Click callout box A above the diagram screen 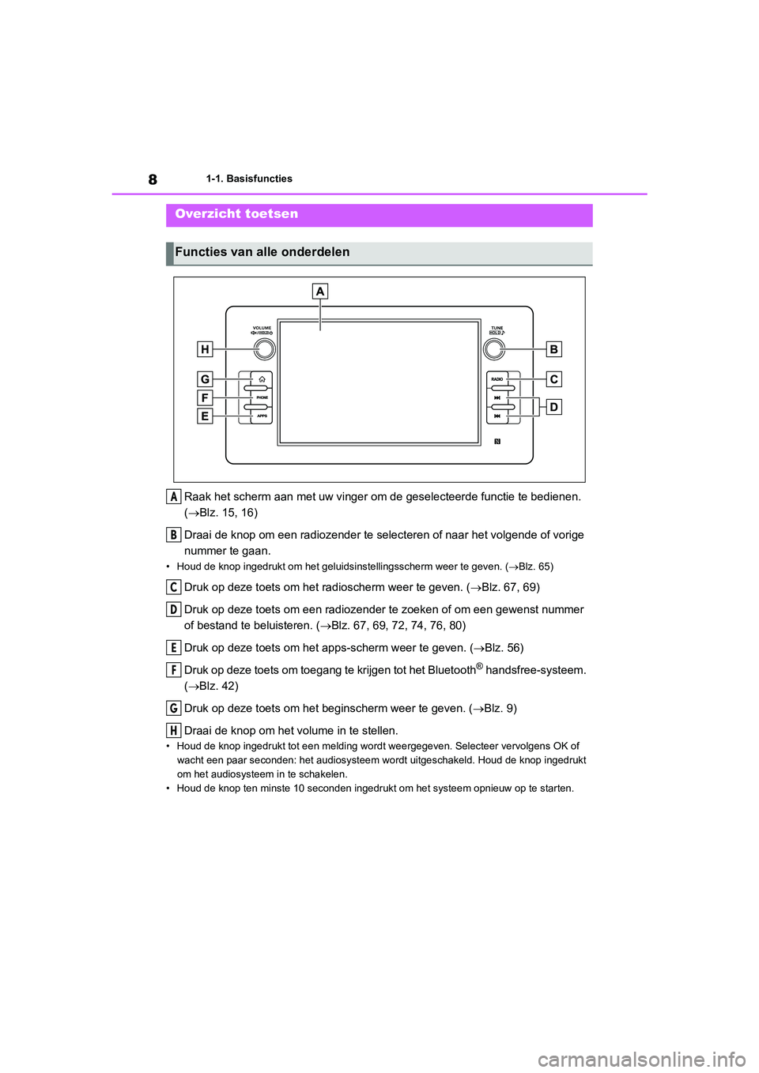[320, 292]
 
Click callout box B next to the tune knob [554, 349]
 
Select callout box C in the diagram [554, 379]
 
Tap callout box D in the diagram [554, 407]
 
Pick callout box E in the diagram [205, 416]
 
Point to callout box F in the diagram [205, 397]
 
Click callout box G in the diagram [205, 379]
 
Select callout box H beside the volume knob [205, 349]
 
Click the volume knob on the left [264, 348]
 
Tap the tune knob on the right [495, 348]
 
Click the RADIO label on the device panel [497, 379]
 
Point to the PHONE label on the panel [262, 397]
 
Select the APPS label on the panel [262, 416]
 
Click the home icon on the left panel [262, 379]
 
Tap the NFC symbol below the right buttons [497, 442]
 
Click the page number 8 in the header [153, 180]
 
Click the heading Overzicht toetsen [236, 214]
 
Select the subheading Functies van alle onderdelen [262, 252]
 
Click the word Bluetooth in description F [451, 670]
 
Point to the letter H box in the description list [173, 731]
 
